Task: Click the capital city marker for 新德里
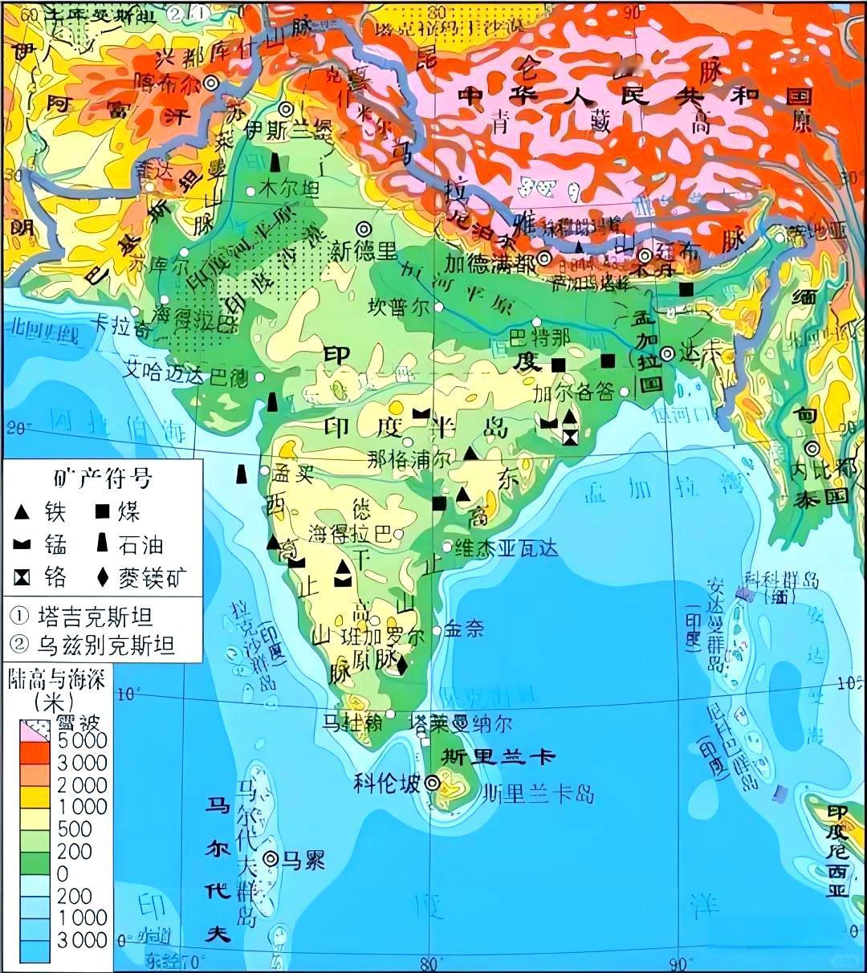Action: (x=364, y=228)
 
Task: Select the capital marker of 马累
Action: (x=271, y=860)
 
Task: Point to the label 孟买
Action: (x=292, y=474)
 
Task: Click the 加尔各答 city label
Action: (x=573, y=393)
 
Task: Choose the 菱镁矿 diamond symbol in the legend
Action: (x=103, y=577)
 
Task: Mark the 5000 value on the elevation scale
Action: (x=82, y=739)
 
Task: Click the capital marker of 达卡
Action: (x=668, y=353)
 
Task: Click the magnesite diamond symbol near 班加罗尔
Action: (x=401, y=663)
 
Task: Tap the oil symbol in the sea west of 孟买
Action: (x=239, y=474)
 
